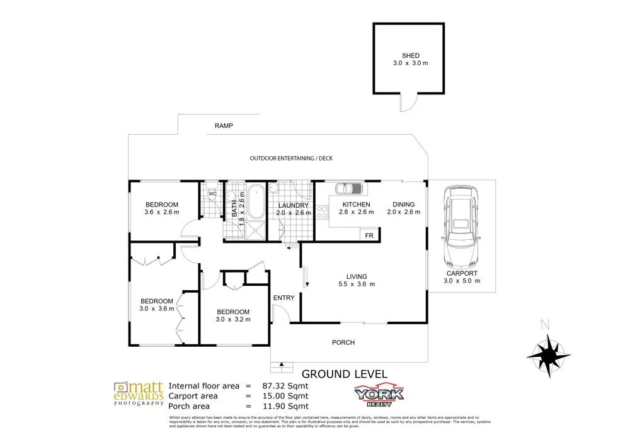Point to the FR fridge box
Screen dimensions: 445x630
[369, 235]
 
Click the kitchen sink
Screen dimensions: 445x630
[350, 188]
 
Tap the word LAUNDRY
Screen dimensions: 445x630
[292, 205]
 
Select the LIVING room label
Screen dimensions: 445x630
[357, 276]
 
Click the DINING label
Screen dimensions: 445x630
[403, 204]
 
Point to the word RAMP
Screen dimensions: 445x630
[224, 126]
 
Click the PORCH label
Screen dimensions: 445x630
[343, 342]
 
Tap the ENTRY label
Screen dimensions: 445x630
[283, 298]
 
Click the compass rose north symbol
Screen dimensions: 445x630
[550, 352]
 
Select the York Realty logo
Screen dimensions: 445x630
[379, 394]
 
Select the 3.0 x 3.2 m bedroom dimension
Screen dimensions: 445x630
[233, 319]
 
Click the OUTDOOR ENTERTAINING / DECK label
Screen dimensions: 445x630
[290, 158]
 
